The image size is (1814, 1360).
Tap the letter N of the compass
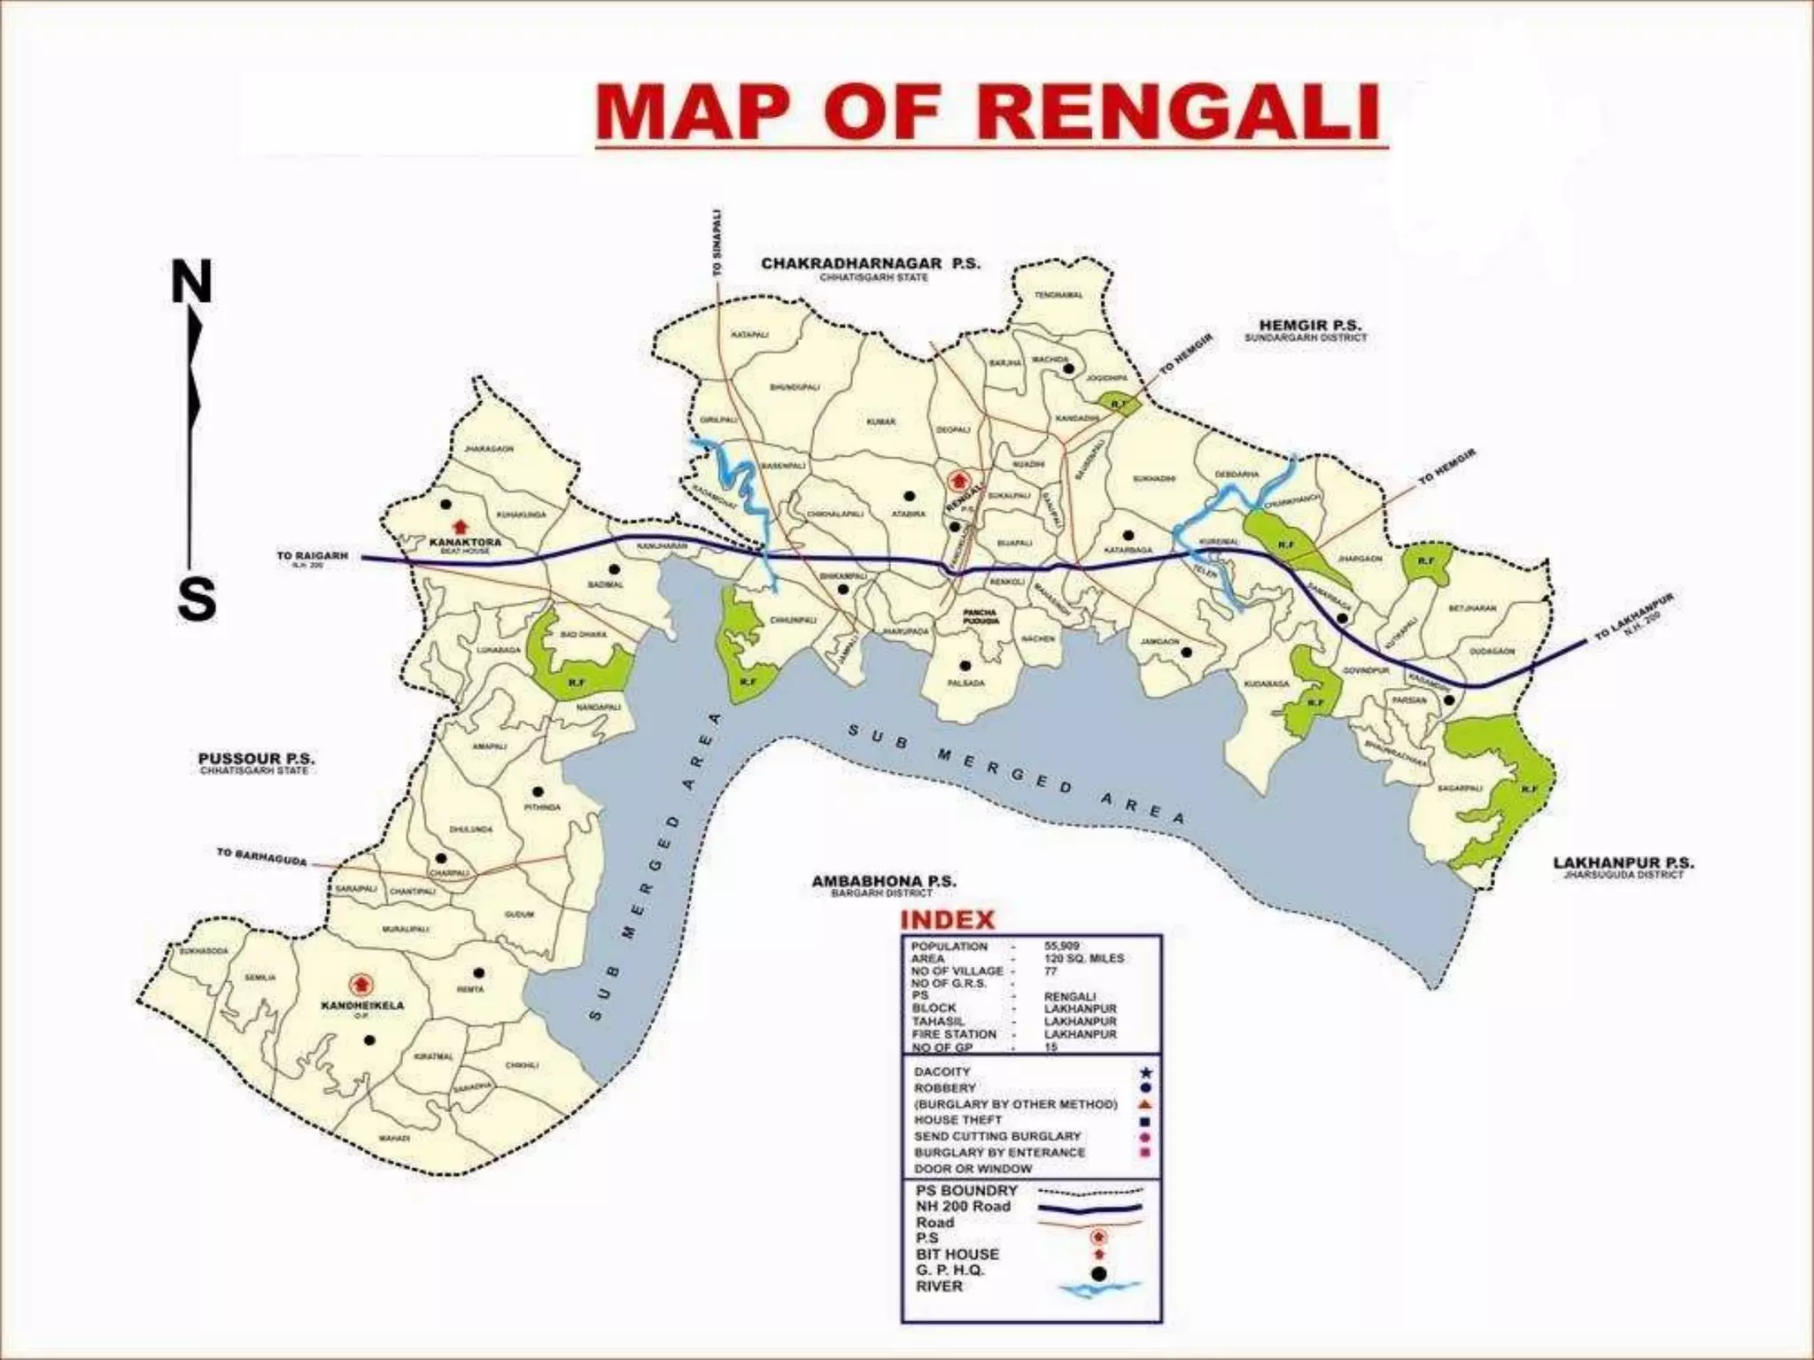click(191, 282)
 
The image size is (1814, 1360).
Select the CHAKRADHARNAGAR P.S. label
click(870, 264)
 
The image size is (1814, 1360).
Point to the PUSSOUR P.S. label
click(256, 759)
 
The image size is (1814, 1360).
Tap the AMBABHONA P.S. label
click(884, 881)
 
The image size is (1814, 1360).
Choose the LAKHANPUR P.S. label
click(1623, 862)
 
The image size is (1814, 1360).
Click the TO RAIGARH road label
click(312, 556)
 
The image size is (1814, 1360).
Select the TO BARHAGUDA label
click(262, 857)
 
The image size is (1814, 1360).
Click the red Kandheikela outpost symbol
click(360, 984)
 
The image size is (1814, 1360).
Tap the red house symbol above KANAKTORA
click(459, 527)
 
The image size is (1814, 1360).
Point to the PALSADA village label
click(965, 683)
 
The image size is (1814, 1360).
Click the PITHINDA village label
click(542, 807)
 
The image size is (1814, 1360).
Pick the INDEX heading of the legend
click(947, 919)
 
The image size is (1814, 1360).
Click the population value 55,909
click(1061, 946)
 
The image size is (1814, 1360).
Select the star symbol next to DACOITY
click(1146, 1072)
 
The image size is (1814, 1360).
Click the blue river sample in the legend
click(1099, 1291)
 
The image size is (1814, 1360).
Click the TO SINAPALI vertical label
click(717, 243)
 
